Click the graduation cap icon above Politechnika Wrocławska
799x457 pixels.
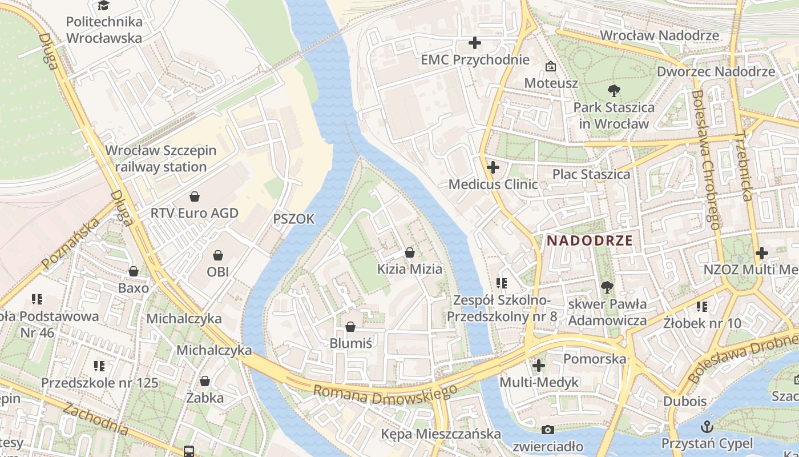[x=103, y=6]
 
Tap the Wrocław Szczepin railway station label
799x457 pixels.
[x=161, y=159]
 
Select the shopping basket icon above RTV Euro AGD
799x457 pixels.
[x=195, y=197]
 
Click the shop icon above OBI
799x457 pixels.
[x=217, y=255]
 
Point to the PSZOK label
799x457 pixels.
[x=294, y=219]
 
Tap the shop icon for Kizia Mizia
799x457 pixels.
[x=409, y=252]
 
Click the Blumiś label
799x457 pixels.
[x=350, y=343]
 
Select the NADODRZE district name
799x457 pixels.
[x=590, y=240]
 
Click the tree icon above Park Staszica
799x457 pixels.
[x=614, y=90]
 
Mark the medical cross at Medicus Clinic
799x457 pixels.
[x=493, y=167]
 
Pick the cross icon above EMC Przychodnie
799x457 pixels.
[x=475, y=43]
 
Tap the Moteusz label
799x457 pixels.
[x=551, y=83]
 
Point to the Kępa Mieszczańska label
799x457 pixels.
[x=441, y=434]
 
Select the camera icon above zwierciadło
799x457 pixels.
[x=548, y=430]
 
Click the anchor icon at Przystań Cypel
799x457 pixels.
[x=707, y=426]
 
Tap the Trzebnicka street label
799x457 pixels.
[x=742, y=166]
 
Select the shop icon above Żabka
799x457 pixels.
[x=205, y=380]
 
